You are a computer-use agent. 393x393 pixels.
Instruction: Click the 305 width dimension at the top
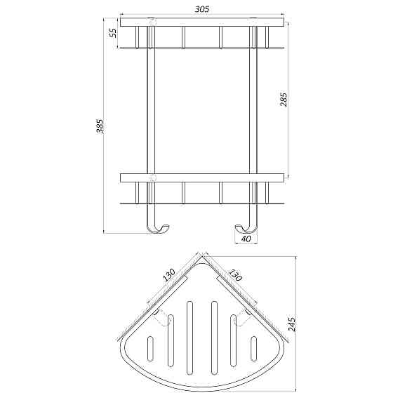click(202, 9)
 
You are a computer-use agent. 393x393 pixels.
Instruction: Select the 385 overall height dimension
click(100, 126)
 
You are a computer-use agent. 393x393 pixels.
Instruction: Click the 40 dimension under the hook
click(246, 239)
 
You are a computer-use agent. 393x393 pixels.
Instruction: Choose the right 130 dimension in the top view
click(234, 274)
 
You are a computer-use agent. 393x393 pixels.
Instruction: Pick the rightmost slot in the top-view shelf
click(253, 348)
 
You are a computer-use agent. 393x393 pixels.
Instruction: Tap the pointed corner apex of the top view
click(202, 257)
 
